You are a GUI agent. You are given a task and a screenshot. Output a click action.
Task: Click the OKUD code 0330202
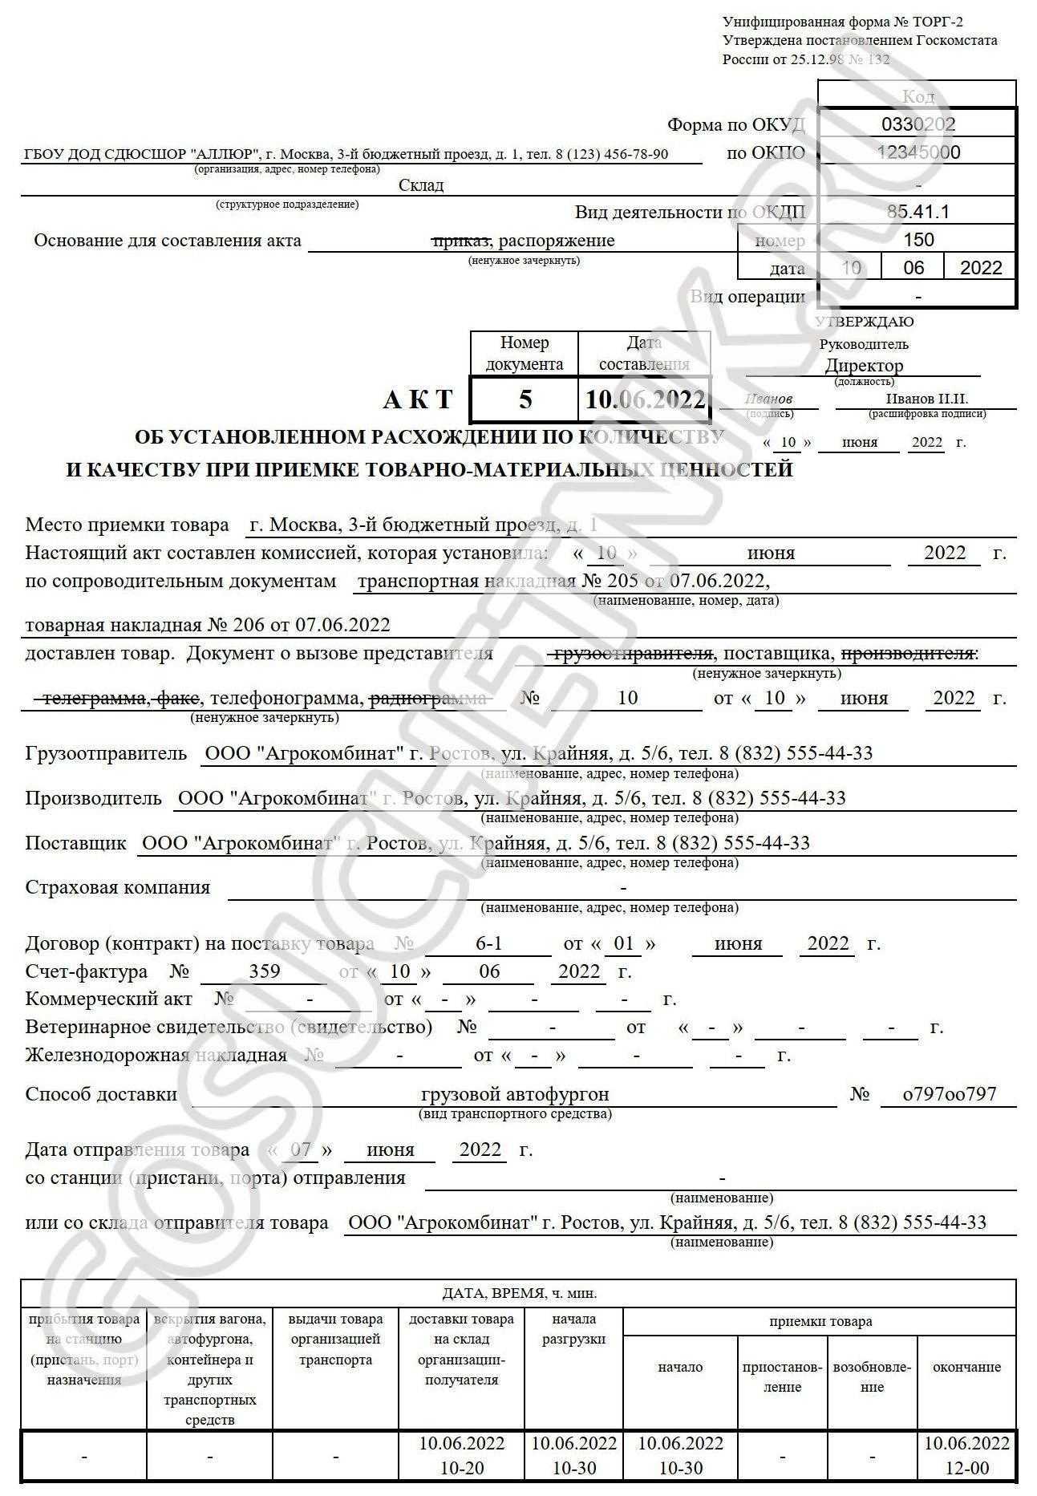[x=918, y=124]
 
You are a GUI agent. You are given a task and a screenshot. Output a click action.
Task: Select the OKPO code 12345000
[x=918, y=152]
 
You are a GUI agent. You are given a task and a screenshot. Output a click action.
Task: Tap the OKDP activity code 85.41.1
[x=918, y=212]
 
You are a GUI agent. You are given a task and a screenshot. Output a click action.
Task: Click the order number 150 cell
[x=918, y=240]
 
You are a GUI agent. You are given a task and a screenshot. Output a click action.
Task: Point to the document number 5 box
[x=525, y=399]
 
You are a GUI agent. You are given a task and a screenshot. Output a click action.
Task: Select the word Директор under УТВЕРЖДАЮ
[x=864, y=366]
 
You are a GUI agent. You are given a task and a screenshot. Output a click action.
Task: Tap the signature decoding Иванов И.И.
[x=926, y=399]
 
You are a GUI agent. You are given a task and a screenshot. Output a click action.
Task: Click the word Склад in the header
[x=420, y=185]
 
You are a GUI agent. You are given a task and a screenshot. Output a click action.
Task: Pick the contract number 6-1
[x=488, y=943]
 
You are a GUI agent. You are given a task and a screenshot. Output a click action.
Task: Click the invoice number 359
[x=264, y=971]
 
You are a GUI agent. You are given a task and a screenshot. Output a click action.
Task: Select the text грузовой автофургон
[x=514, y=1094]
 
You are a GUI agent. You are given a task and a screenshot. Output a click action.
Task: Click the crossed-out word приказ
[x=461, y=241]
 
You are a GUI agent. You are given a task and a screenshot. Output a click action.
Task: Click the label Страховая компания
[x=118, y=887]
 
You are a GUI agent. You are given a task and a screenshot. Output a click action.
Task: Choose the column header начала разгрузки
[x=573, y=1329]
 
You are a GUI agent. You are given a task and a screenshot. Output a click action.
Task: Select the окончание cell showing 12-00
[x=966, y=1468]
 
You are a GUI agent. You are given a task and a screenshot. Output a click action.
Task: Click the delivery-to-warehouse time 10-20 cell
[x=461, y=1468]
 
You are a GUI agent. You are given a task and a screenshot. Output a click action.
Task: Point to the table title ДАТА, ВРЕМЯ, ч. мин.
[x=519, y=1293]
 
